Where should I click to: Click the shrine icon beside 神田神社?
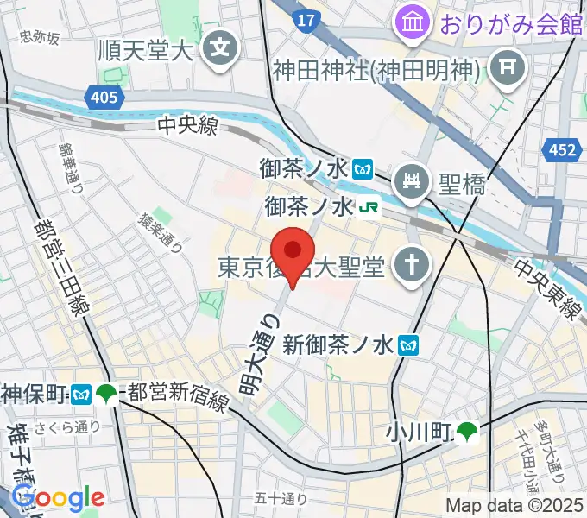[x=507, y=66]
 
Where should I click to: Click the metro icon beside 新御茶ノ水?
[x=410, y=346]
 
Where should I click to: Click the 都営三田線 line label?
[x=61, y=259]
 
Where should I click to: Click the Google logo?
[x=58, y=498]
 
